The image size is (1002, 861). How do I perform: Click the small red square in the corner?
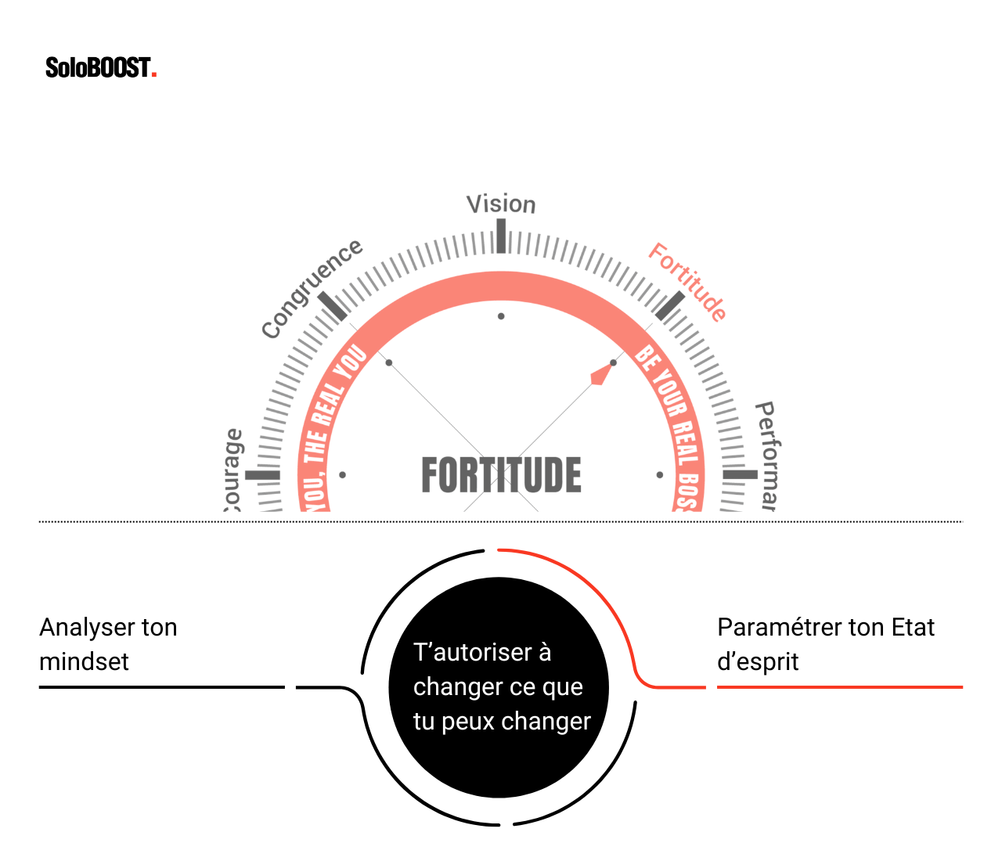point(154,75)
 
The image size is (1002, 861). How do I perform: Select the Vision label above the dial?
point(502,204)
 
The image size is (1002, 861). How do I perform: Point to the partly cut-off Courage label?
point(232,470)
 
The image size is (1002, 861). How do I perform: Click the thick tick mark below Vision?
point(501,236)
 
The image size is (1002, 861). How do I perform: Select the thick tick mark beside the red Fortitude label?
point(670,307)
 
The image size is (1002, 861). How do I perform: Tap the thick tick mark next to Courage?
point(262,475)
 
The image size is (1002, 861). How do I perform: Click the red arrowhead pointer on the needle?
point(600,375)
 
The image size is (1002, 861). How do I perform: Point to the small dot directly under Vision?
point(501,316)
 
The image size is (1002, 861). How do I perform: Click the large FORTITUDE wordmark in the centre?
point(501,474)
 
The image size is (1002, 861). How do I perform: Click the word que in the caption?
point(563,686)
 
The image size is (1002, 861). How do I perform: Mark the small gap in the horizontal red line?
point(712,687)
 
